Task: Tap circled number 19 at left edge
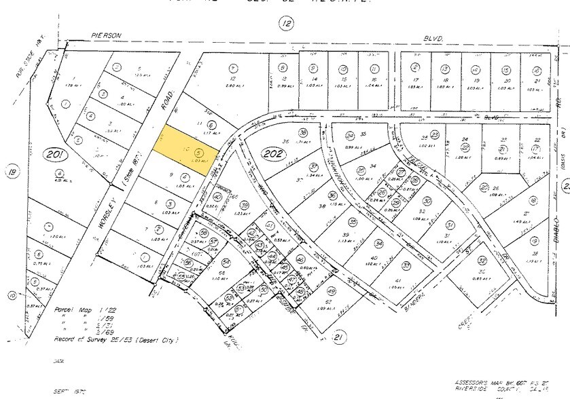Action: [12, 172]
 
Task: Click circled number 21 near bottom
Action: [340, 337]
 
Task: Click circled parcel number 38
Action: [303, 133]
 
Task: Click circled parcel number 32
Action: [481, 261]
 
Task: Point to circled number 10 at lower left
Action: [12, 295]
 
